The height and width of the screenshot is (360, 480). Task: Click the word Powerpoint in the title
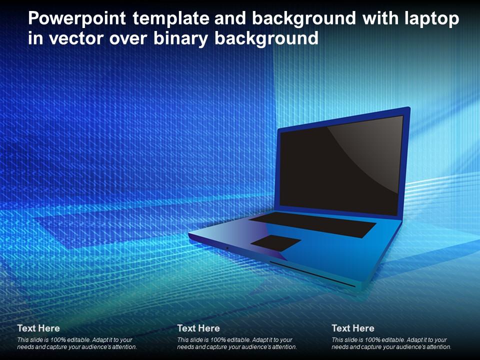click(77, 19)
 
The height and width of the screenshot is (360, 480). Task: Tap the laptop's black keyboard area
click(312, 224)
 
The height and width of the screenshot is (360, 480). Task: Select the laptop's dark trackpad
click(275, 243)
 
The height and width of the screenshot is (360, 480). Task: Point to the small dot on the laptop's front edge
click(227, 248)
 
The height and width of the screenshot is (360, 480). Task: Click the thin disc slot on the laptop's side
click(312, 274)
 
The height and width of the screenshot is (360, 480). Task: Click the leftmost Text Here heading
click(38, 328)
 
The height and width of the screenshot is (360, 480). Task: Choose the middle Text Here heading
click(198, 328)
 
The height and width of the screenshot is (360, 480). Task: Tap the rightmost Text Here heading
click(353, 328)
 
